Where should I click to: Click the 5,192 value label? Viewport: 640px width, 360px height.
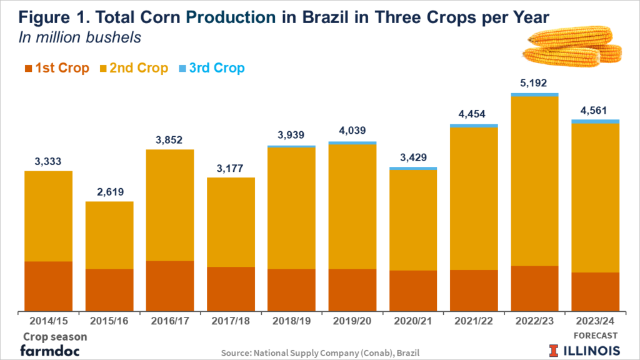pyautogui.click(x=534, y=82)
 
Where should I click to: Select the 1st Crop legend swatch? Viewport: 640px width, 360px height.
pyautogui.click(x=28, y=68)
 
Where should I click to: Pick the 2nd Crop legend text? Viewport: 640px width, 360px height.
pyautogui.click(x=139, y=68)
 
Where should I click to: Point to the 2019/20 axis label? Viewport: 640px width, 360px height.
pyautogui.click(x=352, y=321)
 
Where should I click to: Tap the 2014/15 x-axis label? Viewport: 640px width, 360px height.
pyautogui.click(x=48, y=321)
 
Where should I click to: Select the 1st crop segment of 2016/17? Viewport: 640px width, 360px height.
pyautogui.click(x=170, y=286)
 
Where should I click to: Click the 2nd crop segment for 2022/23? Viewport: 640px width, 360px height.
pyautogui.click(x=534, y=181)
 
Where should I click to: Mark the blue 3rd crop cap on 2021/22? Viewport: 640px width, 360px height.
pyautogui.click(x=474, y=126)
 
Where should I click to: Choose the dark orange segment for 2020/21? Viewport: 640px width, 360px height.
pyautogui.click(x=413, y=291)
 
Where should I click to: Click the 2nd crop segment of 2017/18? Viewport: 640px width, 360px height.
pyautogui.click(x=231, y=222)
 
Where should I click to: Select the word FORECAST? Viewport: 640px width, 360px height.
pyautogui.click(x=595, y=336)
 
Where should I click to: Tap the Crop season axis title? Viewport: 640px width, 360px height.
pyautogui.click(x=55, y=336)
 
